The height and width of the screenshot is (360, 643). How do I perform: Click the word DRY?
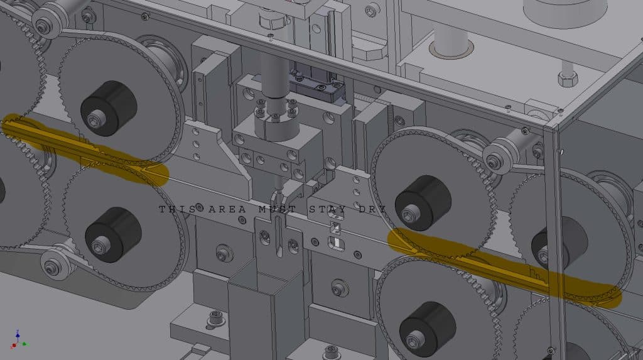[x=371, y=209]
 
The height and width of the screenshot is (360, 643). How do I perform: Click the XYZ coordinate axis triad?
[x=17, y=340]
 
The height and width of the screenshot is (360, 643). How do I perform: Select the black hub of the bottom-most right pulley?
[x=427, y=329]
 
